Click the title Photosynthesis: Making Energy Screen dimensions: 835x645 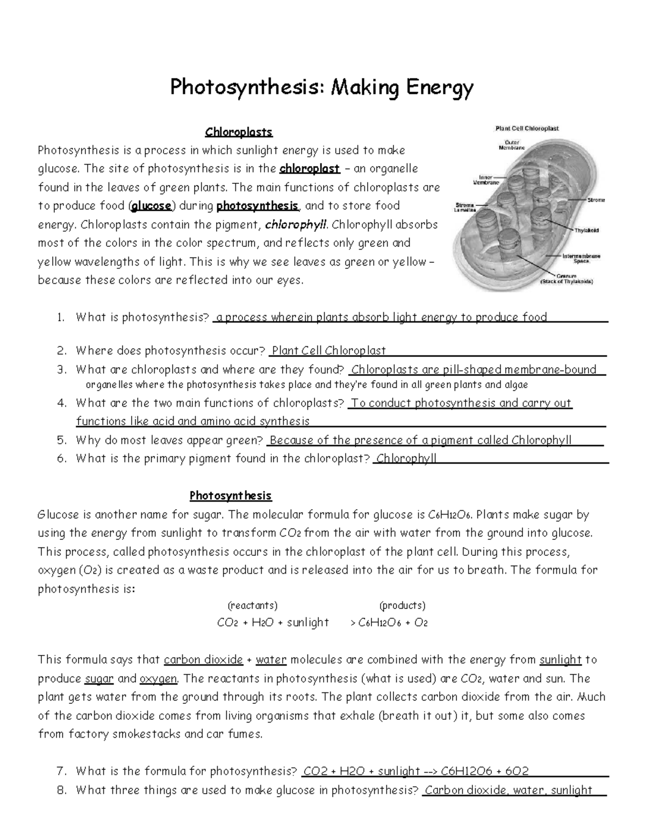322,88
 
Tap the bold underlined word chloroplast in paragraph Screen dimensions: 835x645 309,169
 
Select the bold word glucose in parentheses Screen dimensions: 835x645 152,206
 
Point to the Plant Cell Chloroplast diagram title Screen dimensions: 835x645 526,129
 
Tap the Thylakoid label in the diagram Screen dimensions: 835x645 586,231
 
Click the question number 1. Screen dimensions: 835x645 61,318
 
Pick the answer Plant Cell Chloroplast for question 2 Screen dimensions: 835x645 328,351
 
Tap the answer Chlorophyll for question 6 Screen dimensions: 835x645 406,459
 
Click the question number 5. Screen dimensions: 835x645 61,440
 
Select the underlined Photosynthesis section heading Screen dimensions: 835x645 231,496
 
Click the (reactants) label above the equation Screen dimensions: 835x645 253,606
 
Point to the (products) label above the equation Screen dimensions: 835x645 402,606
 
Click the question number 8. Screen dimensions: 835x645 61,790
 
